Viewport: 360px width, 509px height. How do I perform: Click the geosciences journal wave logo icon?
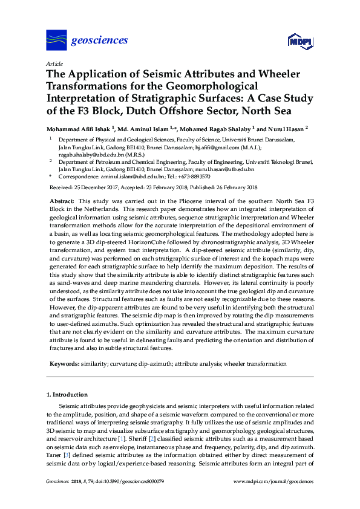(56, 40)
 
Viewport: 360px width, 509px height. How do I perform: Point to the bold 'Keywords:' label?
(64, 364)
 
